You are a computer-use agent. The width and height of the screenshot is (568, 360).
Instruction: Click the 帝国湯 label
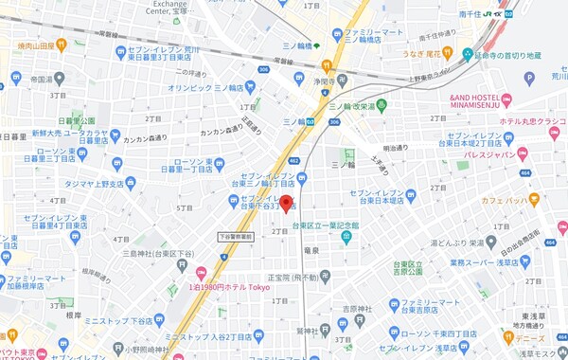[41, 81]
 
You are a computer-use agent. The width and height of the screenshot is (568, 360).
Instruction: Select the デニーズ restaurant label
[529, 336]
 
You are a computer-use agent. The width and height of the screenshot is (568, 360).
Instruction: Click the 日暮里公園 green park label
[76, 121]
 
